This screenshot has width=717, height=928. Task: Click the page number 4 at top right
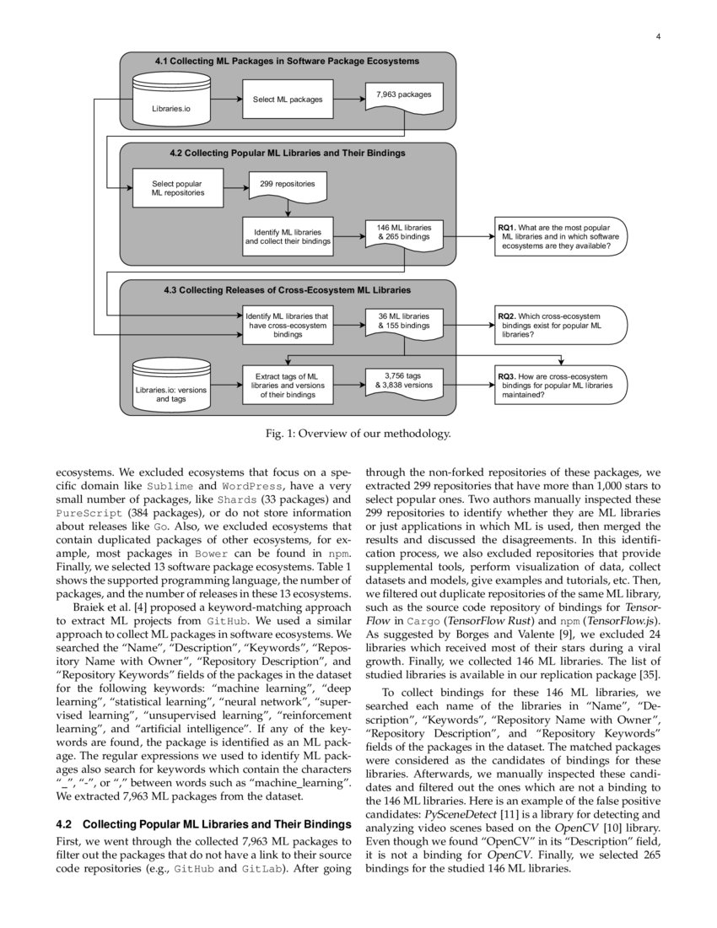657,37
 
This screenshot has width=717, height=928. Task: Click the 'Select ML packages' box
288,100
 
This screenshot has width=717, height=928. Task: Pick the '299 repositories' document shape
288,185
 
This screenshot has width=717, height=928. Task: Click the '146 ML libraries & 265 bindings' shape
403,234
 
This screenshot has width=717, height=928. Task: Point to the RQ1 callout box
559,239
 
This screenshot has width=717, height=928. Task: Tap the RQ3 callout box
559,385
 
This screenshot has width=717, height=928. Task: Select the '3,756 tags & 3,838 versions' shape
403,381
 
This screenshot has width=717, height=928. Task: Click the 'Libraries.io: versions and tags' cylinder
171,387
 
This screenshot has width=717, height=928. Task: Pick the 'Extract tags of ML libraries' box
288,385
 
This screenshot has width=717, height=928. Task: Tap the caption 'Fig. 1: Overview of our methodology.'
358,434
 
